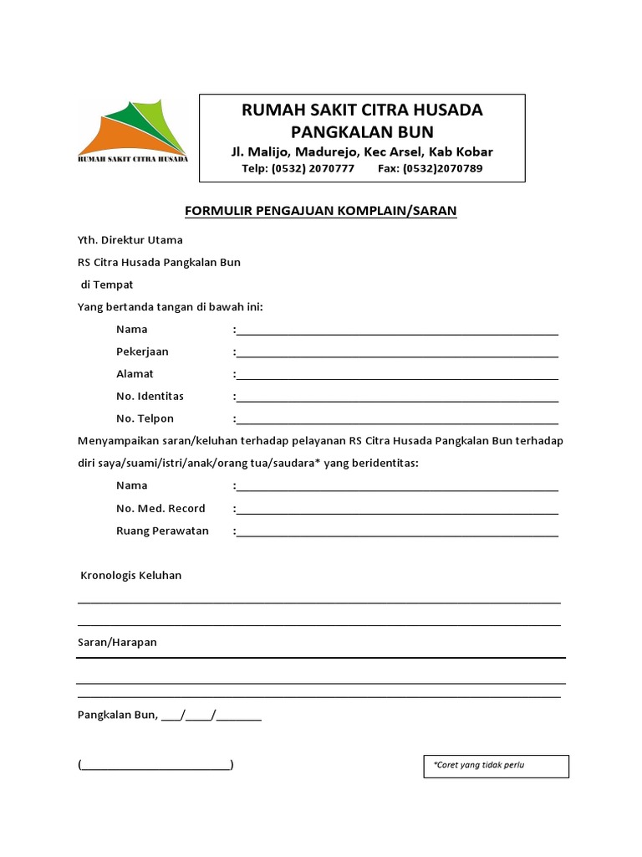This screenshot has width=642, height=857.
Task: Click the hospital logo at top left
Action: pyautogui.click(x=133, y=132)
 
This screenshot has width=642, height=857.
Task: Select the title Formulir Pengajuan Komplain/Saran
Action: pyautogui.click(x=320, y=211)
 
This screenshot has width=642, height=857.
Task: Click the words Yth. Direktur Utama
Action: pyautogui.click(x=130, y=240)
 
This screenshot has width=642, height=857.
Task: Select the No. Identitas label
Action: pyautogui.click(x=150, y=396)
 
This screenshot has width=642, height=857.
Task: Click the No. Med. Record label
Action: pyautogui.click(x=160, y=508)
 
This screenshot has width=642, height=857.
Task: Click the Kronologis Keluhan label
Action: pyautogui.click(x=131, y=576)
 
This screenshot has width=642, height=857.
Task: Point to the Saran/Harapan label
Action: pyautogui.click(x=117, y=643)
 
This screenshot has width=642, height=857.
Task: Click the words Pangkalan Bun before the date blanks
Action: pyautogui.click(x=116, y=715)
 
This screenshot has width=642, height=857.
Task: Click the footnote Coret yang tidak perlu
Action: pyautogui.click(x=479, y=765)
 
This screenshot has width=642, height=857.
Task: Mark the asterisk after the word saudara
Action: pyautogui.click(x=318, y=461)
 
